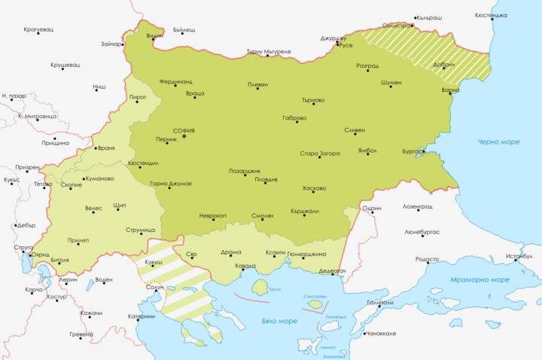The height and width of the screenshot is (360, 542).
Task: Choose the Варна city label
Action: (x=450, y=90)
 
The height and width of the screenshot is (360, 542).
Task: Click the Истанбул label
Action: (x=519, y=256)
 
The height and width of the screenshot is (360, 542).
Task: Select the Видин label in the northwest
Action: (x=154, y=35)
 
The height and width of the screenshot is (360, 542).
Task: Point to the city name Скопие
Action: (x=70, y=185)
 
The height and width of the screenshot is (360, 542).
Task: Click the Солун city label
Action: (x=154, y=287)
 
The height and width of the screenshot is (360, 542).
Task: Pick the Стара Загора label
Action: (x=319, y=154)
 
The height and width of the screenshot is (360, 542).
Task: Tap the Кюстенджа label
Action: (x=512, y=14)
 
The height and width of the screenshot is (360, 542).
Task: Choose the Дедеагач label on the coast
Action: (x=331, y=270)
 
